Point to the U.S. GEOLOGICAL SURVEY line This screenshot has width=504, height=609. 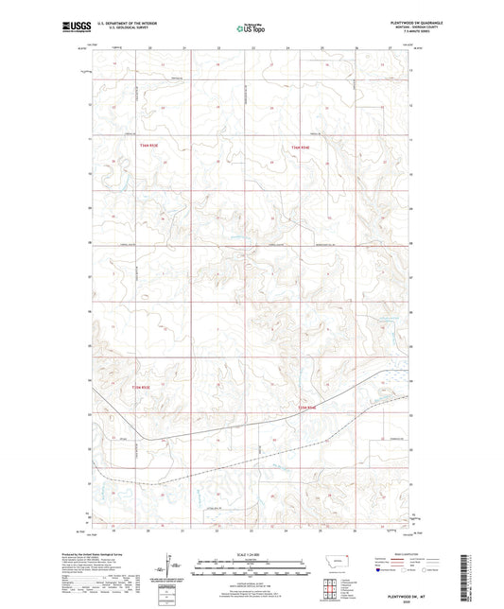tap(124, 28)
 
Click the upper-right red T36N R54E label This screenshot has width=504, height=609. tap(300, 147)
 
